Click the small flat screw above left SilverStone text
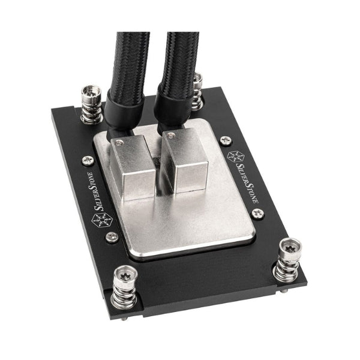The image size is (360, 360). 88,160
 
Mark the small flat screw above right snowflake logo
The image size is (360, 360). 226,140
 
